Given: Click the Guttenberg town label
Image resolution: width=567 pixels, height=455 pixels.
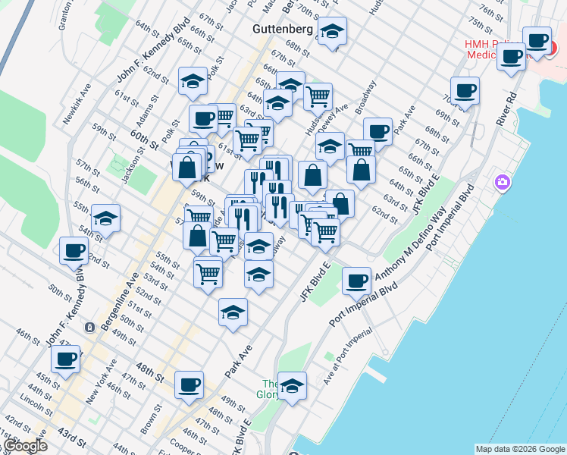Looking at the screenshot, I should [x=283, y=29].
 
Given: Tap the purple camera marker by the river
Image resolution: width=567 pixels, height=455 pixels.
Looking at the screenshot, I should [x=501, y=183].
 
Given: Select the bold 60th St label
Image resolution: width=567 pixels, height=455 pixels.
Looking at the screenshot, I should [x=143, y=139].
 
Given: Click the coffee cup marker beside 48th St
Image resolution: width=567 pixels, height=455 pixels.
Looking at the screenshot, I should [x=189, y=384].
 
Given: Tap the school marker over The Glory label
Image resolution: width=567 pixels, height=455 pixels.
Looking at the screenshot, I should [x=292, y=386].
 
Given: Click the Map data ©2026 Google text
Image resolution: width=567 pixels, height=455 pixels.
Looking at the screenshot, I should [x=519, y=449].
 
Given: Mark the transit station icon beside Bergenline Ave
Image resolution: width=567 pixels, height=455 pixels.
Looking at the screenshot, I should [x=90, y=328].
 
